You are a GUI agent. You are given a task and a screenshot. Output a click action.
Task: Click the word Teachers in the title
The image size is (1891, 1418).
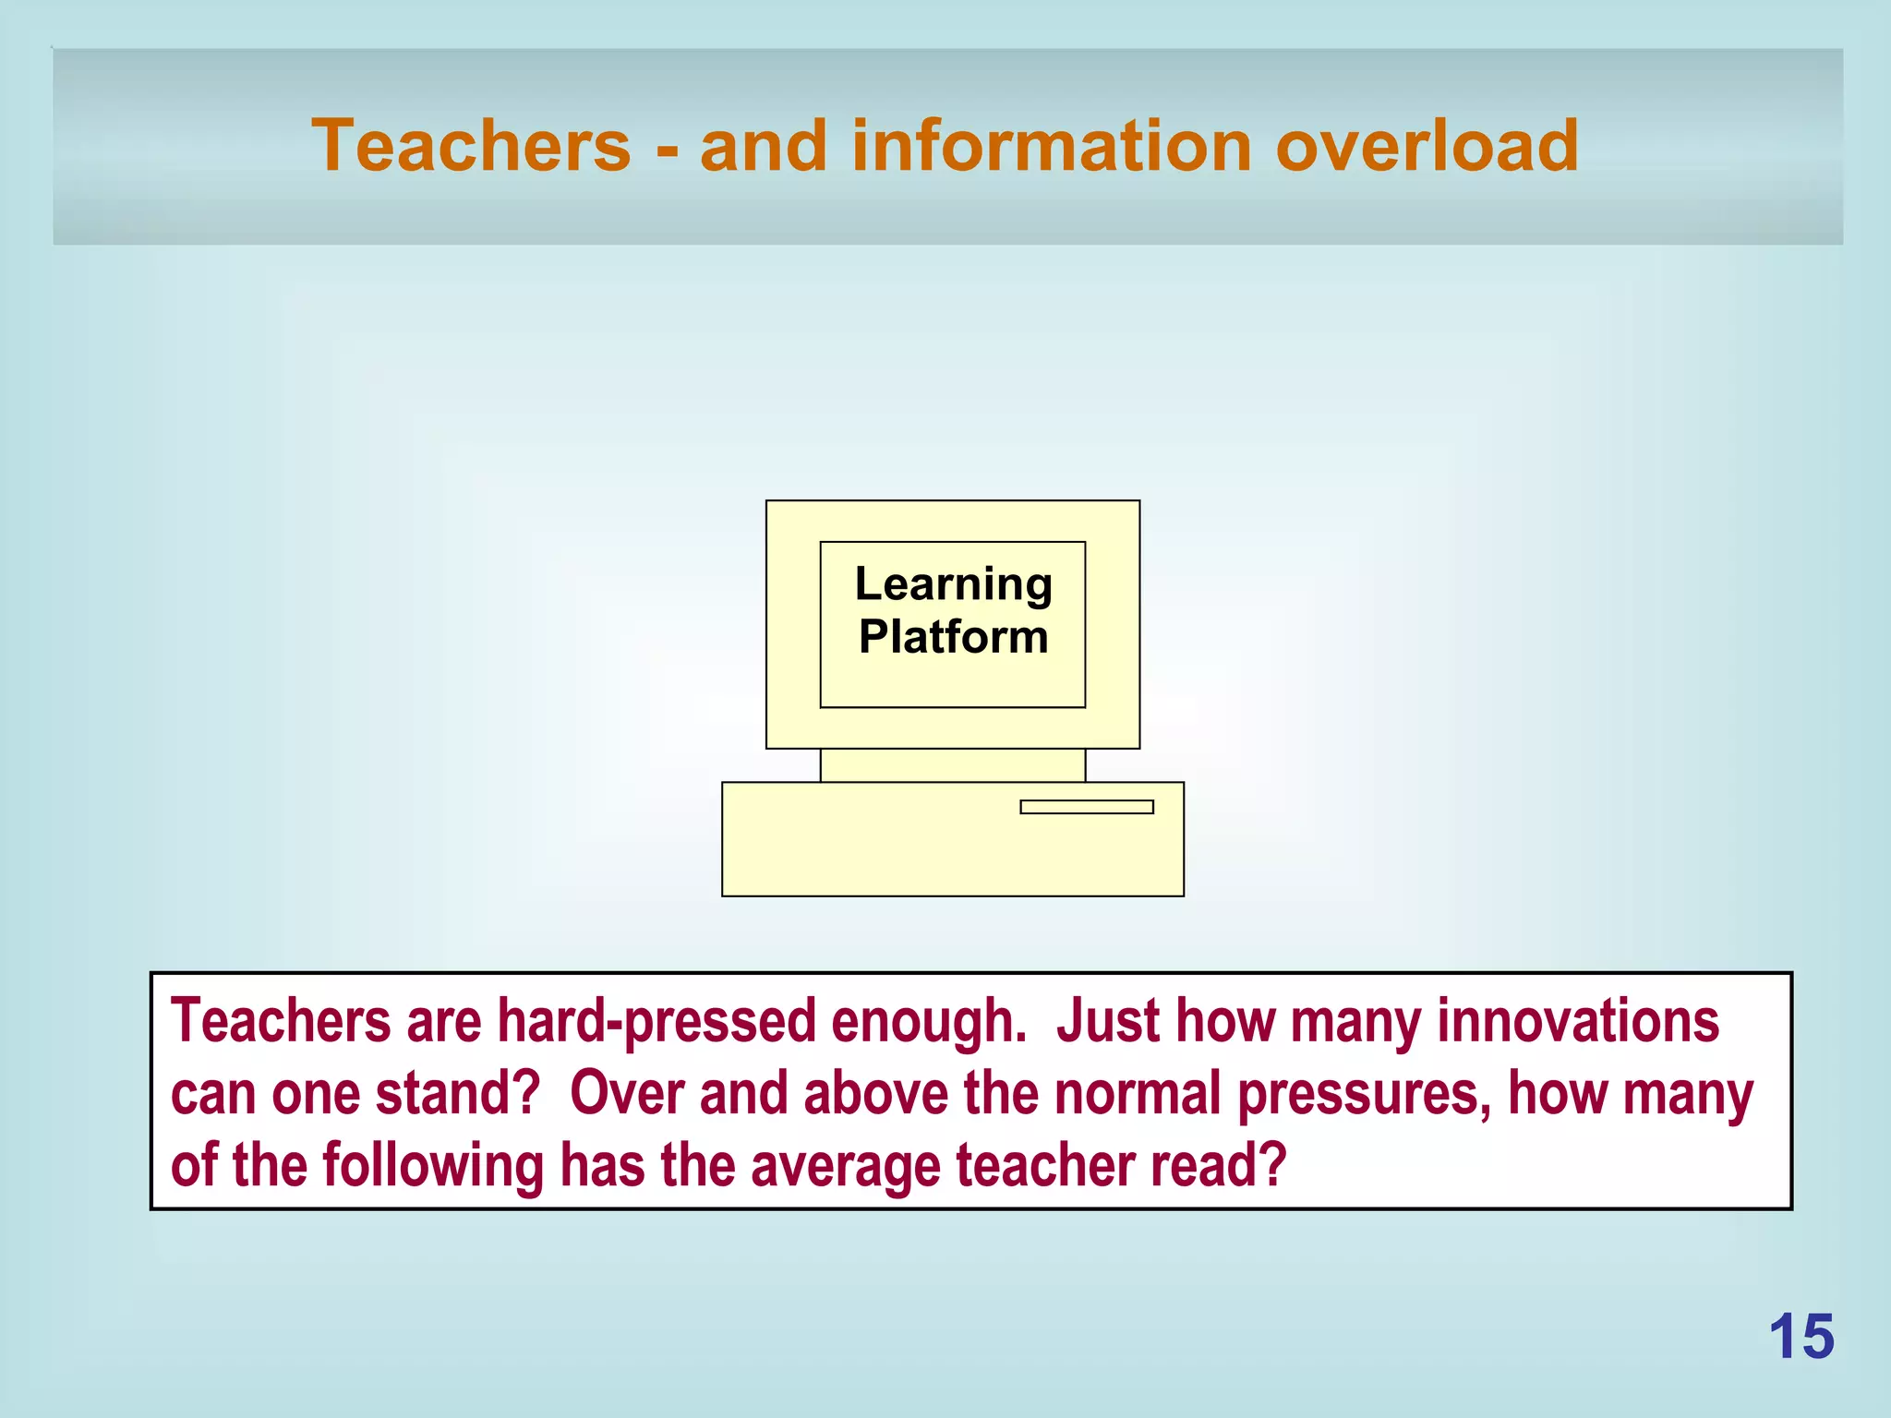471,146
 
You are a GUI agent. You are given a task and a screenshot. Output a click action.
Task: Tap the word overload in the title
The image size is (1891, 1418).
1427,146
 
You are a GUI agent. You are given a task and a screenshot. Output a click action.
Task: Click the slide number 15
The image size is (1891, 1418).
1801,1337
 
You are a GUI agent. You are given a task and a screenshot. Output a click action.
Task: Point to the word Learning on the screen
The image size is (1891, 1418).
953,584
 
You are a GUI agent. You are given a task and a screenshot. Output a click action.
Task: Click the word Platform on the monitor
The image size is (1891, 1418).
953,637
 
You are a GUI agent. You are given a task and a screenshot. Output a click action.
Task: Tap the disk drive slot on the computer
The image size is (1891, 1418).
1086,807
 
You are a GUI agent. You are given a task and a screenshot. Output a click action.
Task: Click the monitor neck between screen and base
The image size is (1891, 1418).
952,765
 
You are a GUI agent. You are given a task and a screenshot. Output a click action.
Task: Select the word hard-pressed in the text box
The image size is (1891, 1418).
656,1022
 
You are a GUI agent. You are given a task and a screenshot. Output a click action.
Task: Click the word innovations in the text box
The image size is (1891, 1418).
1578,1022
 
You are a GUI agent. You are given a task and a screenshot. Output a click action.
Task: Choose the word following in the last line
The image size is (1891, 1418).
433,1166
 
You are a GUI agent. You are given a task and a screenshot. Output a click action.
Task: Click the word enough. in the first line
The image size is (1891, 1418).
929,1022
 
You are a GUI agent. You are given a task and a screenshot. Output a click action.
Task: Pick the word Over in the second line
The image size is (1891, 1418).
626,1093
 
